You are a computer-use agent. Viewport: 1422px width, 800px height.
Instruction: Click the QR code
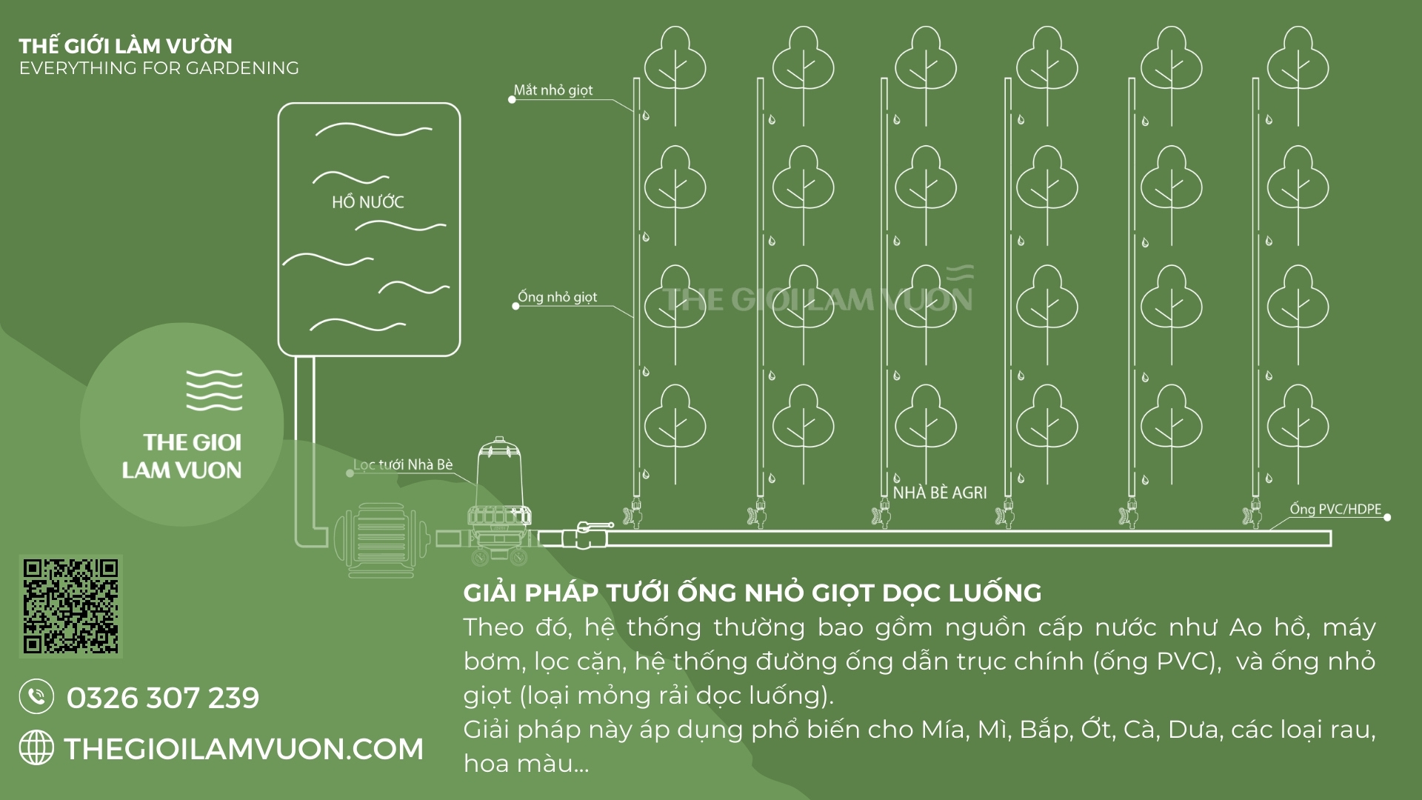(70, 607)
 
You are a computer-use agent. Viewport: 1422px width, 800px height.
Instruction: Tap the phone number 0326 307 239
(163, 698)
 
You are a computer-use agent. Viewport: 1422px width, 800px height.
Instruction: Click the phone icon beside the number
(36, 697)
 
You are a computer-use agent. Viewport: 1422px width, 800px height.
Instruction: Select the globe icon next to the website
(36, 747)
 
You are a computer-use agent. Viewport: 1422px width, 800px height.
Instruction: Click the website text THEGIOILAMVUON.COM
(244, 749)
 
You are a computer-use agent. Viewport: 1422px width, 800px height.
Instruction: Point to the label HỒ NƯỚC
(368, 202)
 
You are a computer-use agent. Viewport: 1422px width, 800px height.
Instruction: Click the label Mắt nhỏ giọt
(553, 90)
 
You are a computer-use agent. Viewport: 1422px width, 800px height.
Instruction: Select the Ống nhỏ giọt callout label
(558, 297)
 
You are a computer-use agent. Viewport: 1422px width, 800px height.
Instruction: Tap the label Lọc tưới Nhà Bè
(403, 464)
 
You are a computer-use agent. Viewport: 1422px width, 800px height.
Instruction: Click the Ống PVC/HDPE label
(1335, 509)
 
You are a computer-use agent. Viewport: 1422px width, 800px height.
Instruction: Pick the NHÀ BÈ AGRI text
(940, 493)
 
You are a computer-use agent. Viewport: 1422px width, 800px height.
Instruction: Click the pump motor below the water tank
(379, 539)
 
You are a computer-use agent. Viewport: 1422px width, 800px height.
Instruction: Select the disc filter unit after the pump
(497, 504)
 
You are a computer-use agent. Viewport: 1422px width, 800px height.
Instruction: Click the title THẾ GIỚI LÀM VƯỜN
(126, 46)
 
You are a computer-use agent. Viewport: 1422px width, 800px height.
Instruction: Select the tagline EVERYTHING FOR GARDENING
(159, 68)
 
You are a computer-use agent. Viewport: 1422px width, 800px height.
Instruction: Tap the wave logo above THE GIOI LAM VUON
(214, 390)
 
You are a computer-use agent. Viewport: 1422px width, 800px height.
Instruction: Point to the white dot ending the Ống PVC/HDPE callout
(1387, 517)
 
